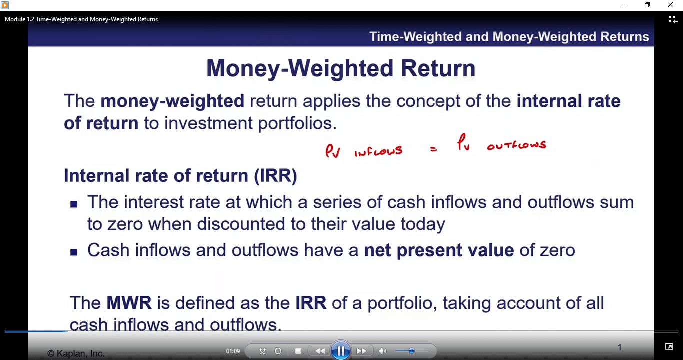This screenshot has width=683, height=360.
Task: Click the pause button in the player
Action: (x=340, y=351)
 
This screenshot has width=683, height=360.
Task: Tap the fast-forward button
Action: (x=361, y=351)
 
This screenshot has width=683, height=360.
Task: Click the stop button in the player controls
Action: (x=298, y=351)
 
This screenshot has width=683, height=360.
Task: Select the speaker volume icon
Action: (x=382, y=351)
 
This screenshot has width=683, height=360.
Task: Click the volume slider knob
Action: (x=412, y=351)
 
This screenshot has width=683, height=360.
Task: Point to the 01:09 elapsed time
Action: (x=233, y=351)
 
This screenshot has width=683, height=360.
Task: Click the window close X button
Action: (x=670, y=5)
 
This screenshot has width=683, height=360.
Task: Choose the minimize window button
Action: (x=625, y=5)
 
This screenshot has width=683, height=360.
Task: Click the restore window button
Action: (x=647, y=5)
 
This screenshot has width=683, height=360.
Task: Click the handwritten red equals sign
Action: (x=433, y=149)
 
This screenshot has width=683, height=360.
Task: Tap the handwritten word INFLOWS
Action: (x=378, y=151)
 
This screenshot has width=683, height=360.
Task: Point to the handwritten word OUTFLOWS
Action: (x=516, y=145)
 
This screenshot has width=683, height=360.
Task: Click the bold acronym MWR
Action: (x=129, y=302)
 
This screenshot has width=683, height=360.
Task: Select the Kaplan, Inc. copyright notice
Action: (x=76, y=353)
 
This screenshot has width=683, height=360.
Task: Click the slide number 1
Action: (x=619, y=347)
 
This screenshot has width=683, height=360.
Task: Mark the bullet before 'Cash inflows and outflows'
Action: (x=74, y=252)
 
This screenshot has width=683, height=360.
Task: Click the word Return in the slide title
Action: (x=438, y=68)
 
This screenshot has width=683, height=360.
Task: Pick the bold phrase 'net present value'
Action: (x=439, y=250)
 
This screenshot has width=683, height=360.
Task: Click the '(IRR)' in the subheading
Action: (x=275, y=176)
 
